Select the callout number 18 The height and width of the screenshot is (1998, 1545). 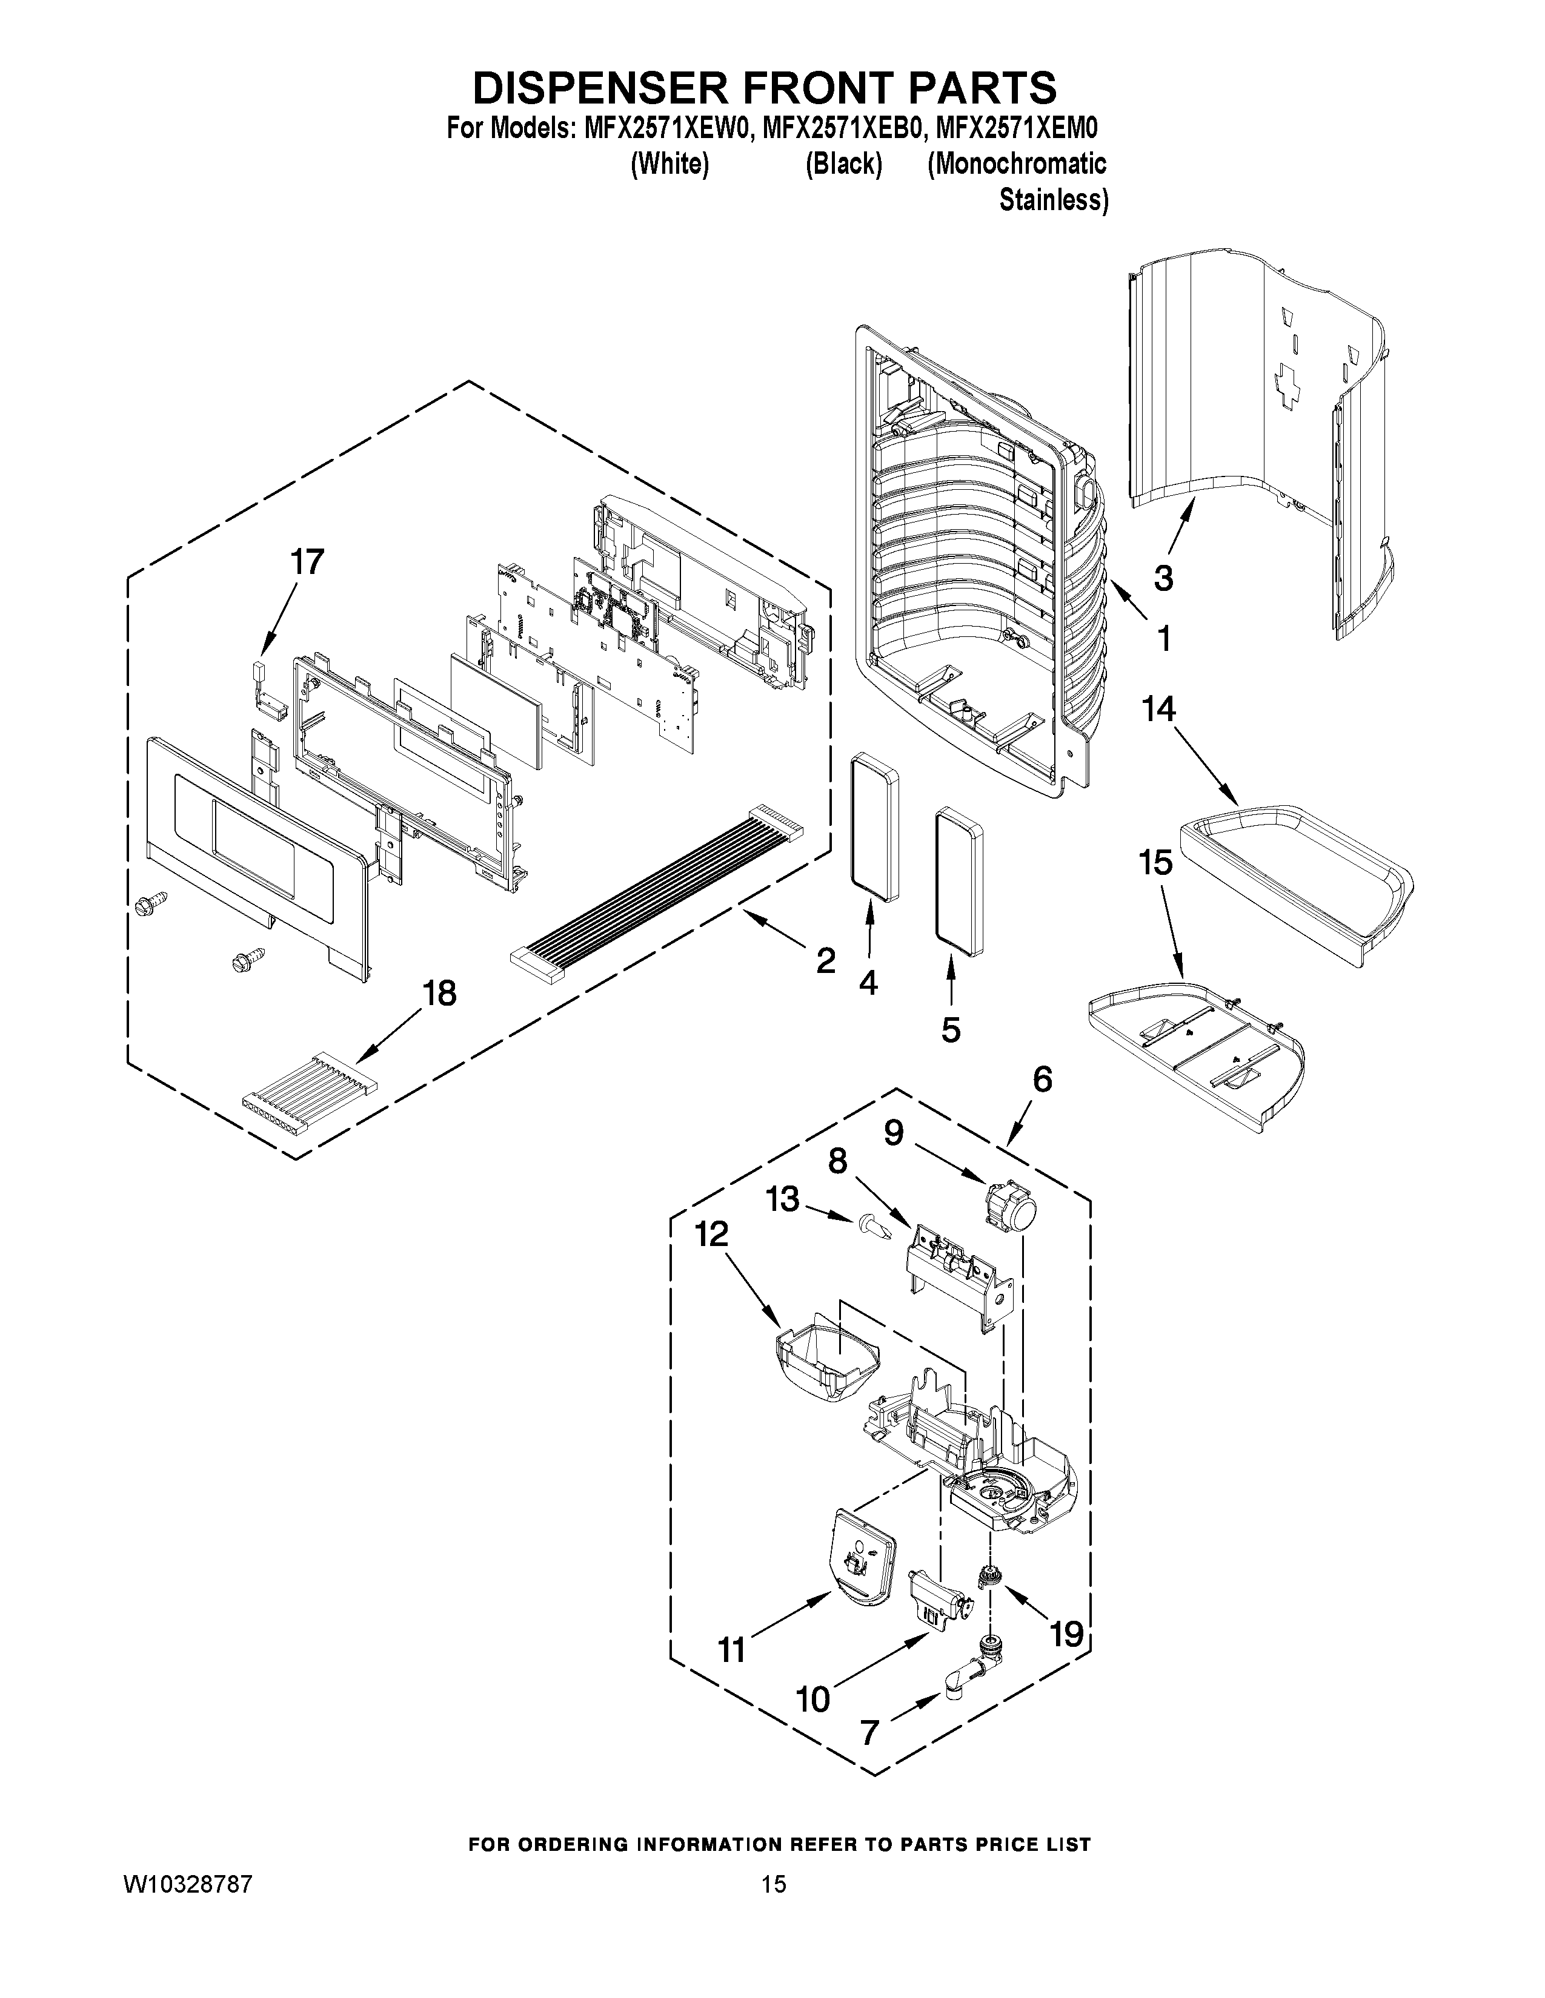click(439, 992)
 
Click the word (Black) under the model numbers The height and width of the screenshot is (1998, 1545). click(843, 165)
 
